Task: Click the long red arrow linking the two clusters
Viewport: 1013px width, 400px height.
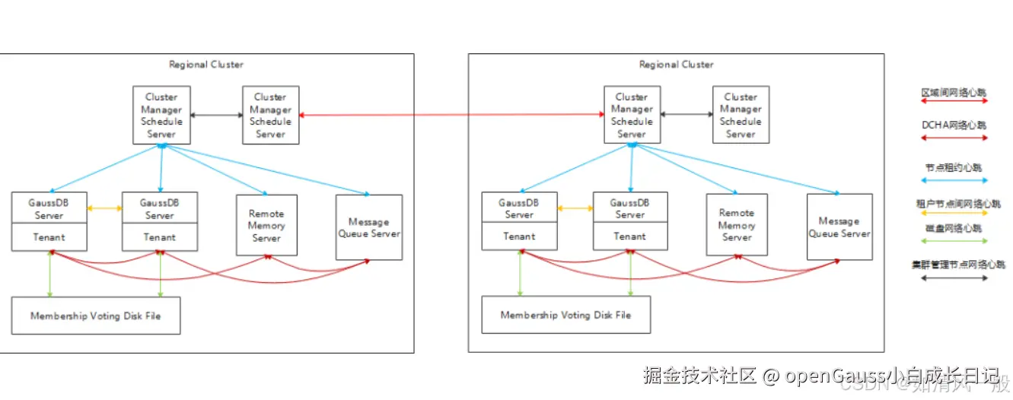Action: coord(449,115)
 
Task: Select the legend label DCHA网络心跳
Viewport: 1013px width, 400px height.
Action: coord(954,125)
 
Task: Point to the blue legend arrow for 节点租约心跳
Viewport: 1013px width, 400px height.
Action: coord(954,180)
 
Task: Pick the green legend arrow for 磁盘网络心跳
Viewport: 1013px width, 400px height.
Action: coord(954,240)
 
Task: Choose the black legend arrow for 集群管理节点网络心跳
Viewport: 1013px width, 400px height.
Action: coord(954,278)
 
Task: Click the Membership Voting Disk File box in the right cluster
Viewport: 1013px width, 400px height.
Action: coord(565,315)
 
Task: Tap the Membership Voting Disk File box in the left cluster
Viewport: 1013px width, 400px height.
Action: coord(95,316)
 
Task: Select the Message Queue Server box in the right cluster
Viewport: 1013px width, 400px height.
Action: coord(839,227)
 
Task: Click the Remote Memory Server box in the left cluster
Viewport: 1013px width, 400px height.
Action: coord(266,225)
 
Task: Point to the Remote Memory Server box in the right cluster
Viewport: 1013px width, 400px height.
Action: coord(737,224)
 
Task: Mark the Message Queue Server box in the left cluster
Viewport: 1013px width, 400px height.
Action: coord(369,227)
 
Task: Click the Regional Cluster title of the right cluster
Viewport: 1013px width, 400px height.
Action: coord(676,65)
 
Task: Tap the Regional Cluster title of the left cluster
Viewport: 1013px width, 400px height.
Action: coord(206,65)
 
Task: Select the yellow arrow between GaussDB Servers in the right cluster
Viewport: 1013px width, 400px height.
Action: coord(575,208)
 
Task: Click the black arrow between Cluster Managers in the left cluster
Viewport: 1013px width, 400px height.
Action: coord(216,115)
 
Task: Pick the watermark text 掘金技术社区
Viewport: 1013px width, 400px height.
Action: coord(699,376)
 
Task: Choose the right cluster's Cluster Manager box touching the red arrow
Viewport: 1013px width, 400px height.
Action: coord(631,115)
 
